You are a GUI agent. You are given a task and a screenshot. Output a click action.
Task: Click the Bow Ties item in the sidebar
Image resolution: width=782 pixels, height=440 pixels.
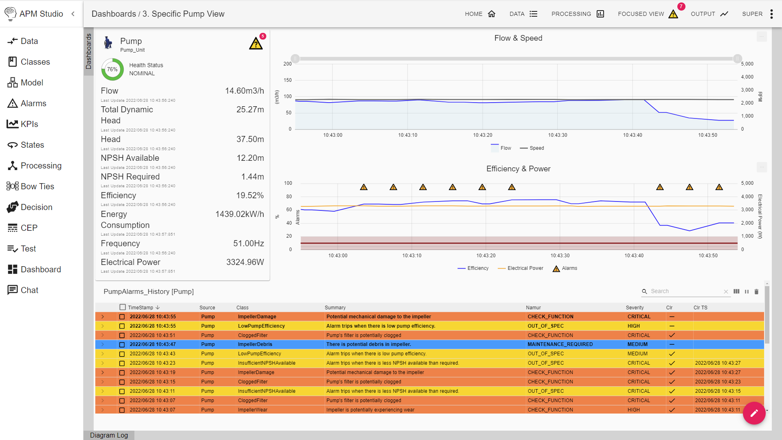(37, 186)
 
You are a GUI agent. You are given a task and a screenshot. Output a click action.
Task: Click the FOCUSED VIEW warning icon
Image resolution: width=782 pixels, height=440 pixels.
(673, 14)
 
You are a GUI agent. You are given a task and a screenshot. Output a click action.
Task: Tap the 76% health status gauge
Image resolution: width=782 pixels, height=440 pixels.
(112, 69)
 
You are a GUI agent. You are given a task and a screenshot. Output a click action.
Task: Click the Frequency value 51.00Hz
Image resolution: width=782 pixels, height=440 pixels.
(248, 243)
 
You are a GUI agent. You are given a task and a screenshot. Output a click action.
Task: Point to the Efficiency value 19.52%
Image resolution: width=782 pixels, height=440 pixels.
(250, 195)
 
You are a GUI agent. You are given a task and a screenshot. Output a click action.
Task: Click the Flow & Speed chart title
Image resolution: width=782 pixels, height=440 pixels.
(518, 38)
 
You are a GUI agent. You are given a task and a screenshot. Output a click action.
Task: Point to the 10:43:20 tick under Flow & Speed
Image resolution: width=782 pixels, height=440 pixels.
(483, 135)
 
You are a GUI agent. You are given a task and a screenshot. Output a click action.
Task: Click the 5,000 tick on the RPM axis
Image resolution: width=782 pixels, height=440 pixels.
(747, 64)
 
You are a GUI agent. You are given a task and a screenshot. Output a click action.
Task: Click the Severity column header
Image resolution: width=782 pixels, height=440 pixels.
(635, 308)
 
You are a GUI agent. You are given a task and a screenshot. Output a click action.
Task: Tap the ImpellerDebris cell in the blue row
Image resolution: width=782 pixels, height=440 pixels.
(255, 344)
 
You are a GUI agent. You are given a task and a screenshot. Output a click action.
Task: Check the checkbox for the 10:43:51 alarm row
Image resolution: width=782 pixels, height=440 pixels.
(122, 335)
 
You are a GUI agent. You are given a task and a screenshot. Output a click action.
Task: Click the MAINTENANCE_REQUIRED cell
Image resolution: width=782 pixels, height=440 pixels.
(560, 344)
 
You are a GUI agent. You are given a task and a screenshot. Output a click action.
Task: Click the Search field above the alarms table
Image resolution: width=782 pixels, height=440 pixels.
(684, 291)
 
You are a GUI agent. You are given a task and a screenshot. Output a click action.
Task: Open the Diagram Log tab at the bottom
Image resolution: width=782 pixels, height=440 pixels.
(109, 435)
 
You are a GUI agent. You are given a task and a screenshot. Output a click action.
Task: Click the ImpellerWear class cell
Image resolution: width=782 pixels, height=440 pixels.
(253, 410)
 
